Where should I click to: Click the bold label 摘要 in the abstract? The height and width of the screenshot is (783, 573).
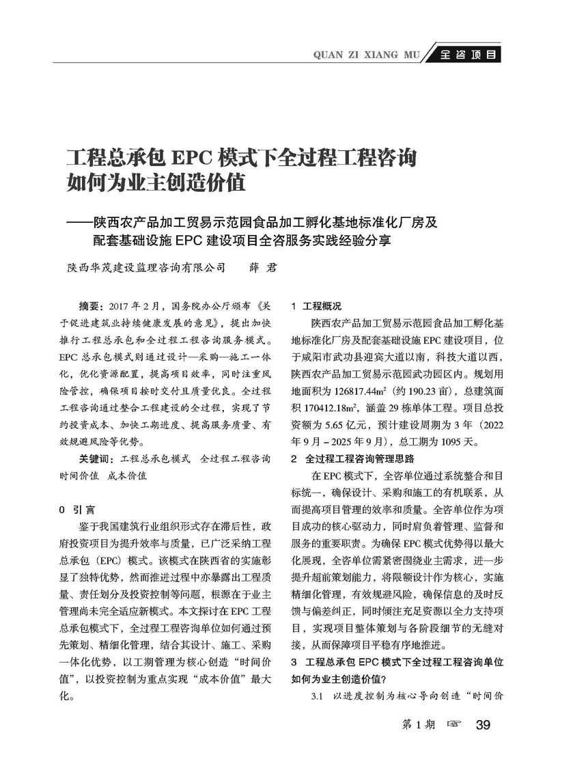92,305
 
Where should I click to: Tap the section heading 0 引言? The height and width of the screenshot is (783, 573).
77,509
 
